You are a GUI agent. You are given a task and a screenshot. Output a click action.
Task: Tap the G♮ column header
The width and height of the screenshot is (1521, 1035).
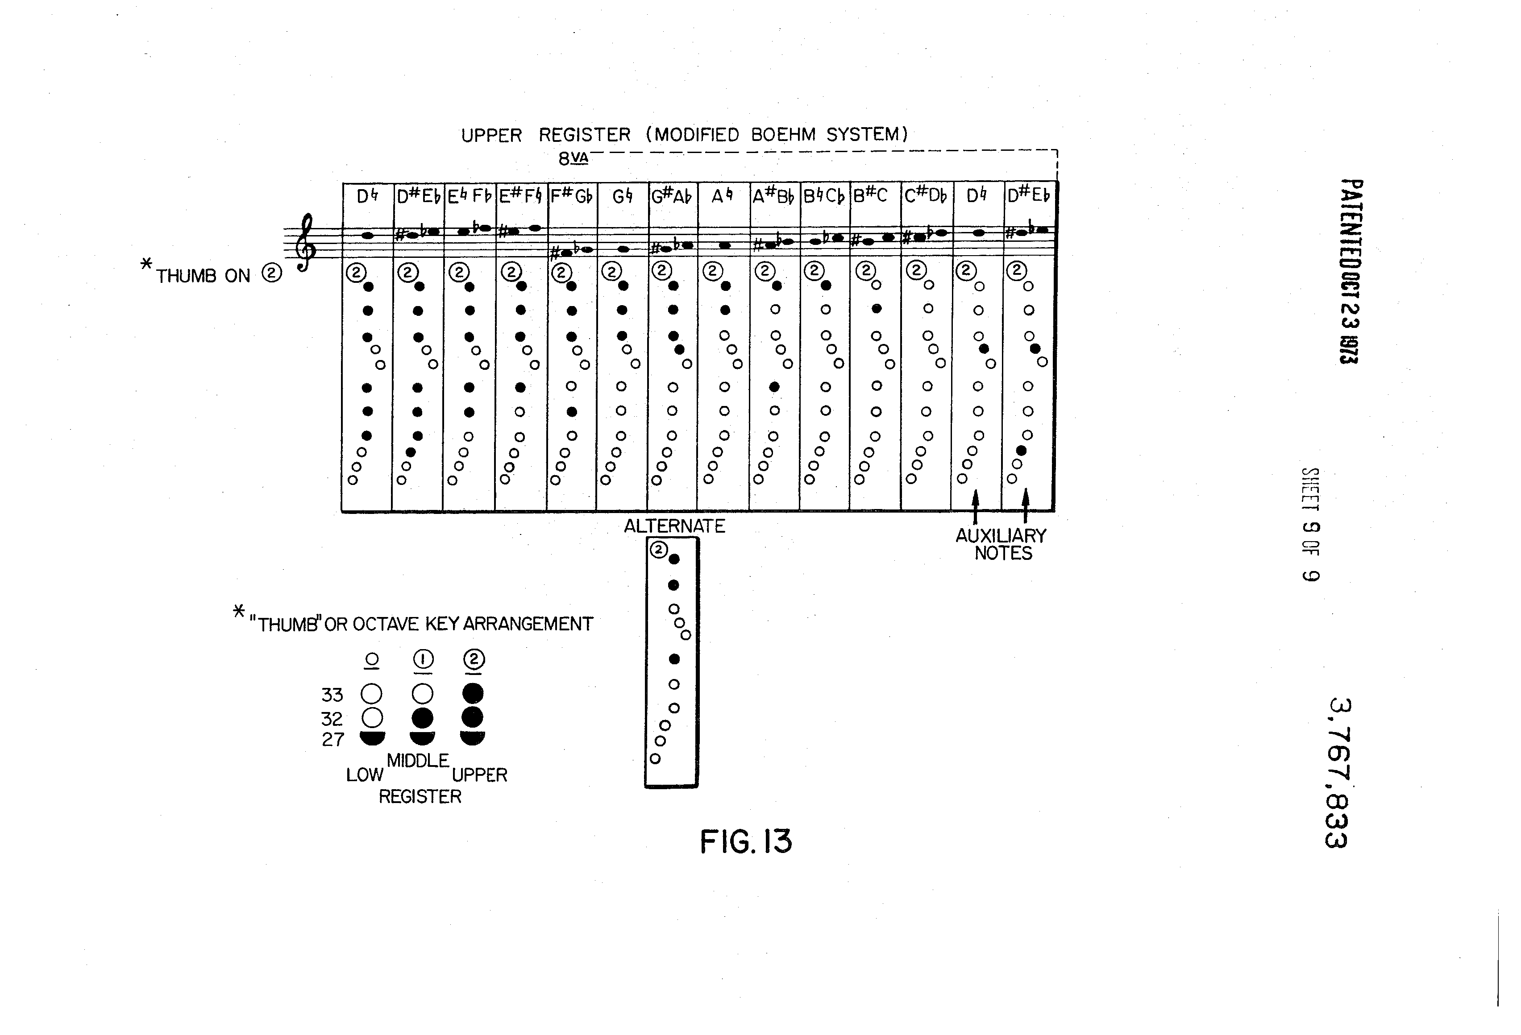pyautogui.click(x=622, y=195)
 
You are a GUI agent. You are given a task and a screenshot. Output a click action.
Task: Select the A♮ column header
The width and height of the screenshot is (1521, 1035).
pyautogui.click(x=722, y=195)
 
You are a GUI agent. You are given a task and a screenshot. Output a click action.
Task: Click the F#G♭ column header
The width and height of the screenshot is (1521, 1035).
pyautogui.click(x=571, y=195)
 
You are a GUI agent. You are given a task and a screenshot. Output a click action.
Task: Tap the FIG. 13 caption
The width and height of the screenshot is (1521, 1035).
pyautogui.click(x=745, y=842)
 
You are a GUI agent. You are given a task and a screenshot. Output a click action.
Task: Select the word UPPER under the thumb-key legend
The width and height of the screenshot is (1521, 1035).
pyautogui.click(x=480, y=775)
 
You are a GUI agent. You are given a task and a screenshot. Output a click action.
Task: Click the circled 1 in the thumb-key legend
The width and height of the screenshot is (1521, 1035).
pyautogui.click(x=423, y=659)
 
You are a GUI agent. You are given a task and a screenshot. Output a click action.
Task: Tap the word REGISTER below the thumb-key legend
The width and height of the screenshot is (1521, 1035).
pyautogui.click(x=420, y=797)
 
